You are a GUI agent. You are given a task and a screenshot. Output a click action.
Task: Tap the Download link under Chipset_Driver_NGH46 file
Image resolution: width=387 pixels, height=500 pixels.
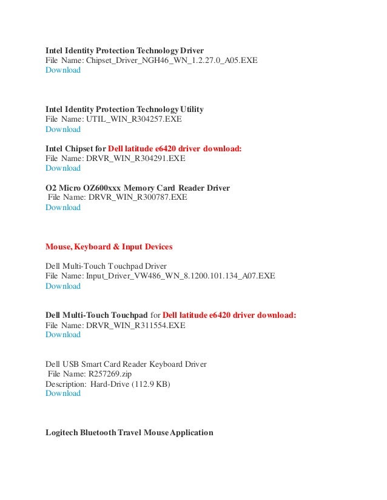[x=63, y=70]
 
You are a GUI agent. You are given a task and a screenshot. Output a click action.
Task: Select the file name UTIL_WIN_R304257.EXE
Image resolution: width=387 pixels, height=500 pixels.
[x=134, y=119]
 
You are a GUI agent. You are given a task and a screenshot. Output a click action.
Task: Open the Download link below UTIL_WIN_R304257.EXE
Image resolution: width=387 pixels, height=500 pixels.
[x=63, y=129]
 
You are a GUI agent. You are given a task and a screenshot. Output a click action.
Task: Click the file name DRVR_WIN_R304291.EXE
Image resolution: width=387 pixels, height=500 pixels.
[x=136, y=159]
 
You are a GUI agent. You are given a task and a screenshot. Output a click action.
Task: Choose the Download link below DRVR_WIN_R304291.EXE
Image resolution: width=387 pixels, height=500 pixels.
[x=63, y=168]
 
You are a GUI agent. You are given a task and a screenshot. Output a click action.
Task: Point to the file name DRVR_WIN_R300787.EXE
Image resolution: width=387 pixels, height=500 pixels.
[x=138, y=197]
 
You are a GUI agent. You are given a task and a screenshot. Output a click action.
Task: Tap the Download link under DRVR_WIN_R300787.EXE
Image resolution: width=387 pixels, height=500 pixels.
[x=63, y=208]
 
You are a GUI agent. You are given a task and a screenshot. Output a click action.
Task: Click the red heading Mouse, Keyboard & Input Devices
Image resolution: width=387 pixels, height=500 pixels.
[x=109, y=247]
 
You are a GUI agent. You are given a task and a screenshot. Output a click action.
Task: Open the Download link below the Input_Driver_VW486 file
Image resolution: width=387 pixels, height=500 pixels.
[x=63, y=286]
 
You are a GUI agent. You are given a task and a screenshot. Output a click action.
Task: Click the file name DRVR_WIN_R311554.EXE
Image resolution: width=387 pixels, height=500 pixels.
[x=136, y=325]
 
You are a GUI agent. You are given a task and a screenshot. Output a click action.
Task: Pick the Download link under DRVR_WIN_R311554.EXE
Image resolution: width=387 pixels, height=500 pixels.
[x=63, y=335]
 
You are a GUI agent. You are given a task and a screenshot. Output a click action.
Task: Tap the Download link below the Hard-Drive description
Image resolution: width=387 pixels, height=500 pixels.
[x=63, y=393]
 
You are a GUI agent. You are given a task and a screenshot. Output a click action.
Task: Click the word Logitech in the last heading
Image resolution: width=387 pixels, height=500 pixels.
[x=64, y=433]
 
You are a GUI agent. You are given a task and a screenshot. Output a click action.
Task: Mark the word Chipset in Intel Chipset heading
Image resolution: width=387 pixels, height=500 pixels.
[x=85, y=148]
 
